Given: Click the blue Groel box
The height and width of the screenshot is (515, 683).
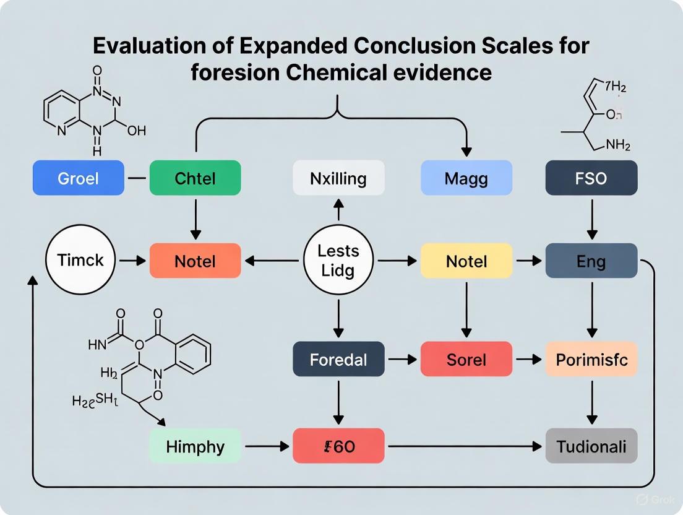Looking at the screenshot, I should point(78,179).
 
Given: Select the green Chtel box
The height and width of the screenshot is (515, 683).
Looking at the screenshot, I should point(195,179).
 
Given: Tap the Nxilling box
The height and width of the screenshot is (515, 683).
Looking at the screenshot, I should point(338,179).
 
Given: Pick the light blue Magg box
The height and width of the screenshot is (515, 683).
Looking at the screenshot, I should point(466,179).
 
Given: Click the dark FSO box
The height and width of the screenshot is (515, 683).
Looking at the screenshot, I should point(591,179).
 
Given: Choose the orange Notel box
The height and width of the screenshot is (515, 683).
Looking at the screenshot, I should point(195,261).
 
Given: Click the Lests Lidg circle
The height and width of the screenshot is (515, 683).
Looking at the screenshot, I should point(338,261).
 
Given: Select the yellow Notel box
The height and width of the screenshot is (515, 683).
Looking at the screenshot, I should point(466,261).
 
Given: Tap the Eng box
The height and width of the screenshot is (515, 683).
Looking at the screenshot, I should point(591,261).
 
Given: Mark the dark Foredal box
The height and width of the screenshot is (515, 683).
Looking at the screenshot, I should point(338,359).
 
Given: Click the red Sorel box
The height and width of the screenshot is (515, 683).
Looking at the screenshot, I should point(466,359).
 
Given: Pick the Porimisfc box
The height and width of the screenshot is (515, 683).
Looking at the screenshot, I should point(591,359).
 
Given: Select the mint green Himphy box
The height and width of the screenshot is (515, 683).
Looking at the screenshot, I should point(195,446).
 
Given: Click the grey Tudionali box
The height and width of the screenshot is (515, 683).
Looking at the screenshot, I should point(591,446).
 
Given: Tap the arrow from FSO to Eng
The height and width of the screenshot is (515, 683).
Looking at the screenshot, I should point(591,222).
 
